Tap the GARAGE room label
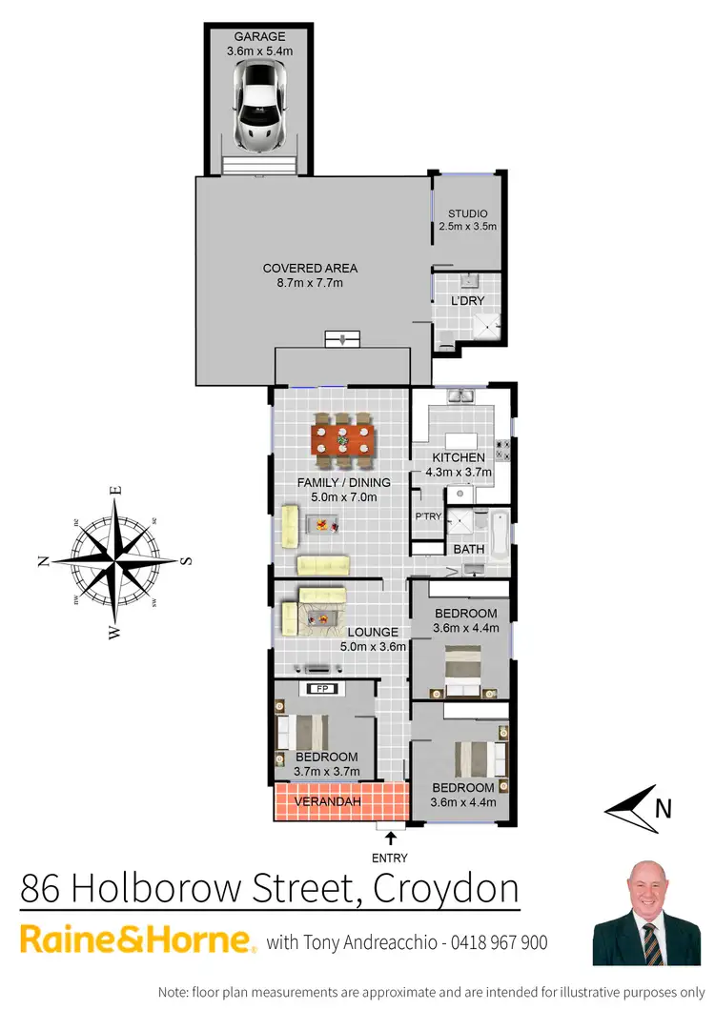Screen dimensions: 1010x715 click(259, 36)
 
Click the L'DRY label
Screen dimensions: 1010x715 click(468, 301)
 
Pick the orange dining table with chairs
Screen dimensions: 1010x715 click(342, 440)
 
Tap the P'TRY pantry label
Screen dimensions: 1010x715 click(426, 516)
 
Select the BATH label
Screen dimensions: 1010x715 click(468, 550)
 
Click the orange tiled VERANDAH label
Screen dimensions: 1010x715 click(327, 802)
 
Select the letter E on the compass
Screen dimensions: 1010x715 click(116, 490)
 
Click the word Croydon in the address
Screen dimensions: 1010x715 click(446, 888)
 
